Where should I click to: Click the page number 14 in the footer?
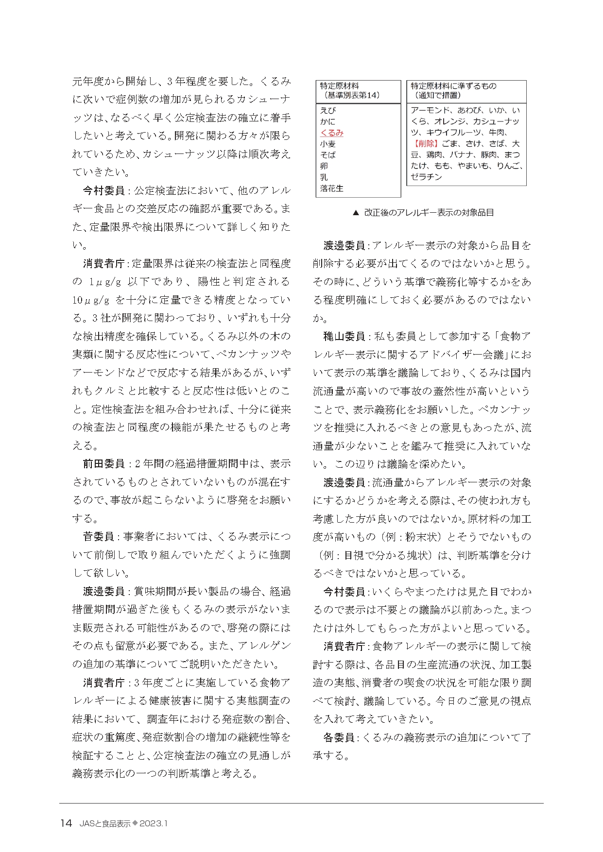[66, 823]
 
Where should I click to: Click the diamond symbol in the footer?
[135, 823]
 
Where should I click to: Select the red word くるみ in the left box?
[332, 133]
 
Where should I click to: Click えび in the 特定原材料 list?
[327, 110]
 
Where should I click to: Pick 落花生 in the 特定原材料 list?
[332, 188]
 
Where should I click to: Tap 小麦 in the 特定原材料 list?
[327, 144]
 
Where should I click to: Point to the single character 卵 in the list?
[324, 166]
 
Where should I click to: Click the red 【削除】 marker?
[426, 143]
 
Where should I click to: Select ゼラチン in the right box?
[426, 177]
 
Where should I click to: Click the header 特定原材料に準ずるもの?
[453, 86]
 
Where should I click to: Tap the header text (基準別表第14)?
[349, 95]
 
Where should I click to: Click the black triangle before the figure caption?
[355, 213]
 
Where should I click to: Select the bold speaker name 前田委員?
[103, 464]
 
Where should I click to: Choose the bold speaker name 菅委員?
[98, 537]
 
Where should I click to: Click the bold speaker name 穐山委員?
[344, 336]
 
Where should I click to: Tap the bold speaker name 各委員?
[339, 737]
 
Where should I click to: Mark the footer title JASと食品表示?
[105, 823]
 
